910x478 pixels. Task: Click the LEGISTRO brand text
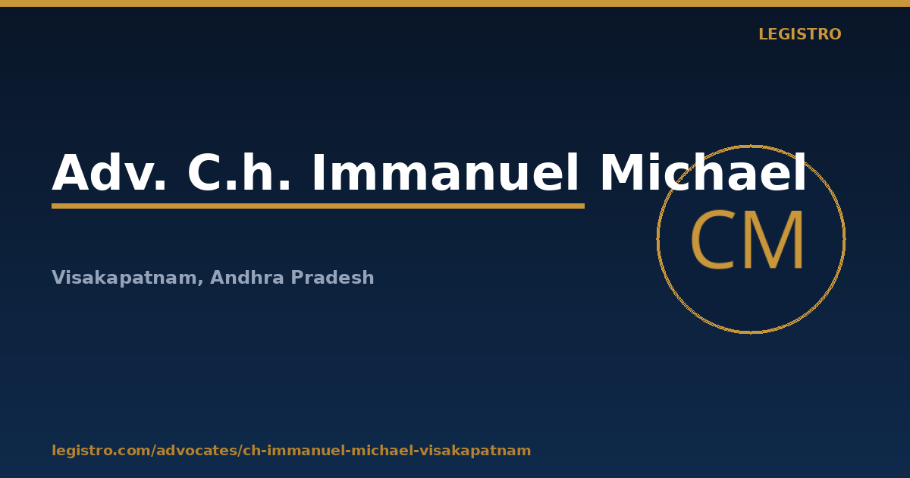coord(799,34)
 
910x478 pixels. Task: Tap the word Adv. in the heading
coord(109,172)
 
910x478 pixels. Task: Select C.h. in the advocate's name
coord(239,172)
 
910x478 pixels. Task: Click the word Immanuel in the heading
coord(445,172)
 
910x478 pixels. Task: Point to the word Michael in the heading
coord(703,172)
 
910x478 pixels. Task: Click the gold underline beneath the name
coord(318,206)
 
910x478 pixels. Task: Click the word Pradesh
coord(332,277)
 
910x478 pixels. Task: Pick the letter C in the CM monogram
coord(711,240)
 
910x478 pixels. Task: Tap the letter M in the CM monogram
coord(773,240)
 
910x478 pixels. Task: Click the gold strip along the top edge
coord(455,3)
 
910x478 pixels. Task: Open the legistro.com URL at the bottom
coord(291,451)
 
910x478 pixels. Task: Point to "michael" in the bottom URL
coord(384,451)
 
